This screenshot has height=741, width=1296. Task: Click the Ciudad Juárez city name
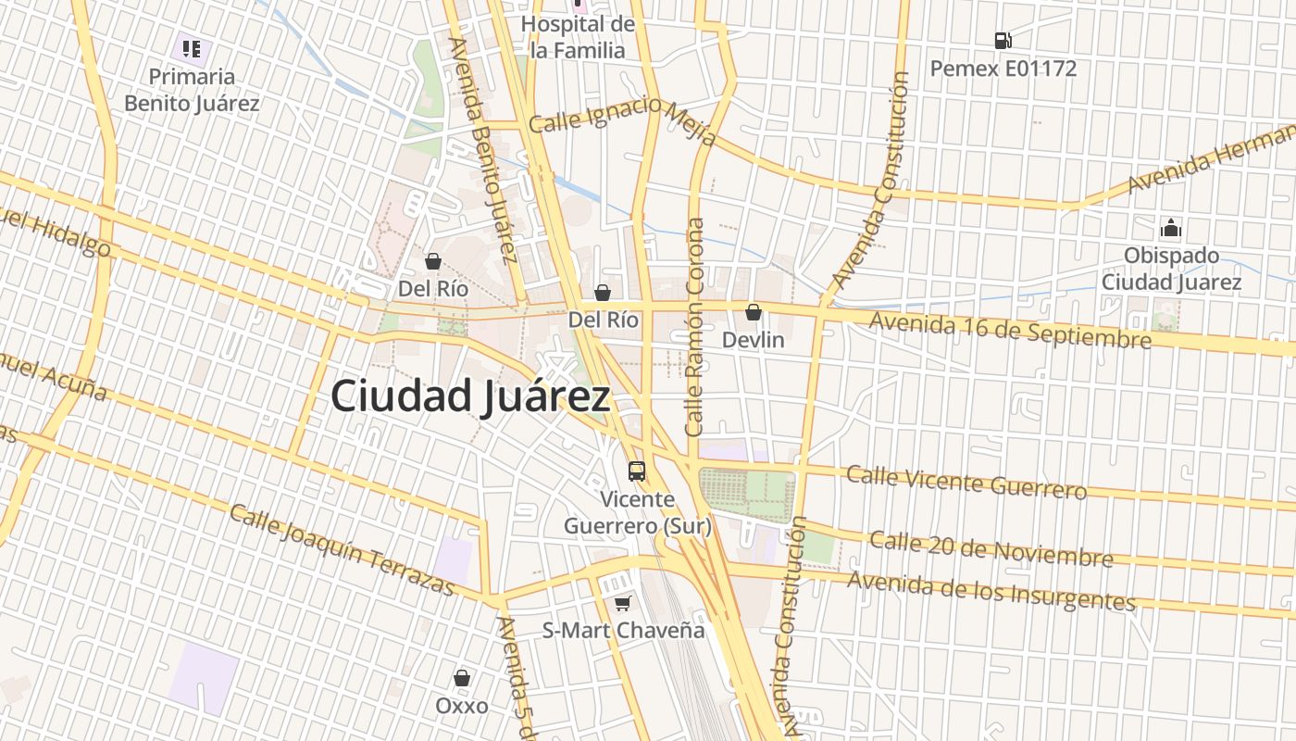coord(470,396)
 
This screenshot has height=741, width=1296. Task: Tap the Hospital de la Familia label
coord(578,37)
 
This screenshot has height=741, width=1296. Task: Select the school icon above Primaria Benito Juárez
coord(192,48)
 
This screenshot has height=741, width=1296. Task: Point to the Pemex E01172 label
coord(1003,69)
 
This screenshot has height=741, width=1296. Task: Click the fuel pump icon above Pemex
coord(1003,41)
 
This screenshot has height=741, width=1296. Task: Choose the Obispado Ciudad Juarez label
coord(1171,269)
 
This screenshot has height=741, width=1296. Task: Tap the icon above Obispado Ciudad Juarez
coord(1171,228)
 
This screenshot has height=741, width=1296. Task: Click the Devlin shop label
coord(753,340)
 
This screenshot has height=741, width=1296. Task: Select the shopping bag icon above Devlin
coord(754,312)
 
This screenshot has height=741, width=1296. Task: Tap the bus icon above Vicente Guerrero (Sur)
coord(637,471)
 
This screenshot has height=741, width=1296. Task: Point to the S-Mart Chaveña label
coord(623,631)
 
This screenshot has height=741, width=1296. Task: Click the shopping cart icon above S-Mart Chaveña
coord(623,604)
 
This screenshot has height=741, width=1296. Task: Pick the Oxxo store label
coord(462,706)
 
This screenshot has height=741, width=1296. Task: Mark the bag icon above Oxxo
coord(462,678)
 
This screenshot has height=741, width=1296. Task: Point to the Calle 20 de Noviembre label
coord(991,548)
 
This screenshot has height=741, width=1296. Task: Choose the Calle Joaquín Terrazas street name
coord(342,550)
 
